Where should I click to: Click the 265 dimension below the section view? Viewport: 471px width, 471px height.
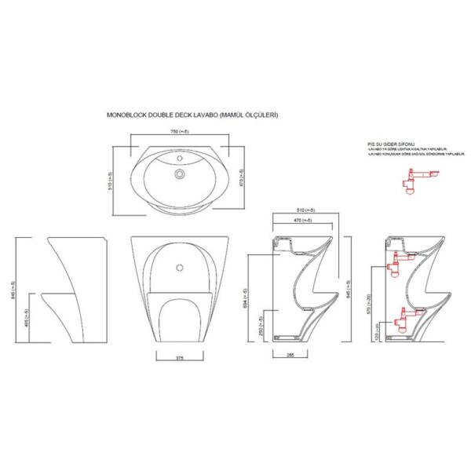290,354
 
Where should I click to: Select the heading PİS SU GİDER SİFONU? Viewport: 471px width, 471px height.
390,145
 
